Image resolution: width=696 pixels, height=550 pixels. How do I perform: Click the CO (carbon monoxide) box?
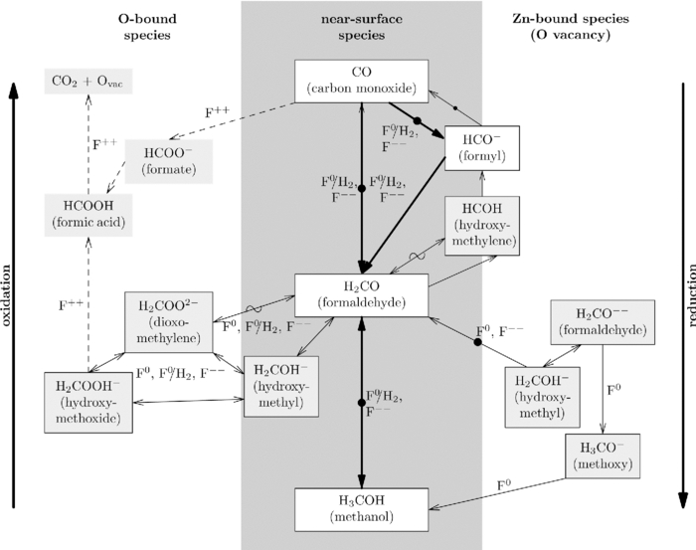click(361, 81)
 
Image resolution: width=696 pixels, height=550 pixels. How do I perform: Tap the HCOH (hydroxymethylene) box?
click(482, 225)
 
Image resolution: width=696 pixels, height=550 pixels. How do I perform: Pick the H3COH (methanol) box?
click(361, 506)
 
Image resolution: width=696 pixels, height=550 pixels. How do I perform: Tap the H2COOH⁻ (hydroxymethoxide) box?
click(90, 402)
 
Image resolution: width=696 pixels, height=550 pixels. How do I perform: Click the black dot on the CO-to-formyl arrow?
click(419, 121)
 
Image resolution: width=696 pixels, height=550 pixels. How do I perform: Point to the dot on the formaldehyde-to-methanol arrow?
click(361, 403)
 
